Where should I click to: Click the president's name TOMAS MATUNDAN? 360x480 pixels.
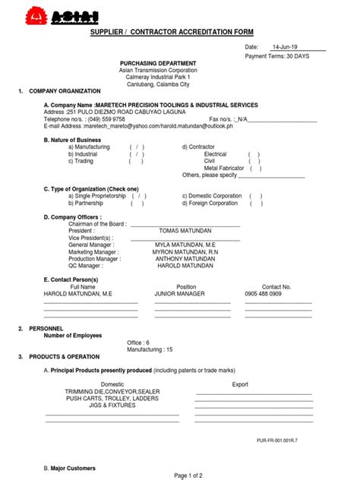tap(185, 230)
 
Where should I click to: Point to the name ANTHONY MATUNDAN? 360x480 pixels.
tap(185, 258)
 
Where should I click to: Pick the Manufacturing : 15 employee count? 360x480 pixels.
tap(150, 349)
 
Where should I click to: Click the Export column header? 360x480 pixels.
tap(240, 384)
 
